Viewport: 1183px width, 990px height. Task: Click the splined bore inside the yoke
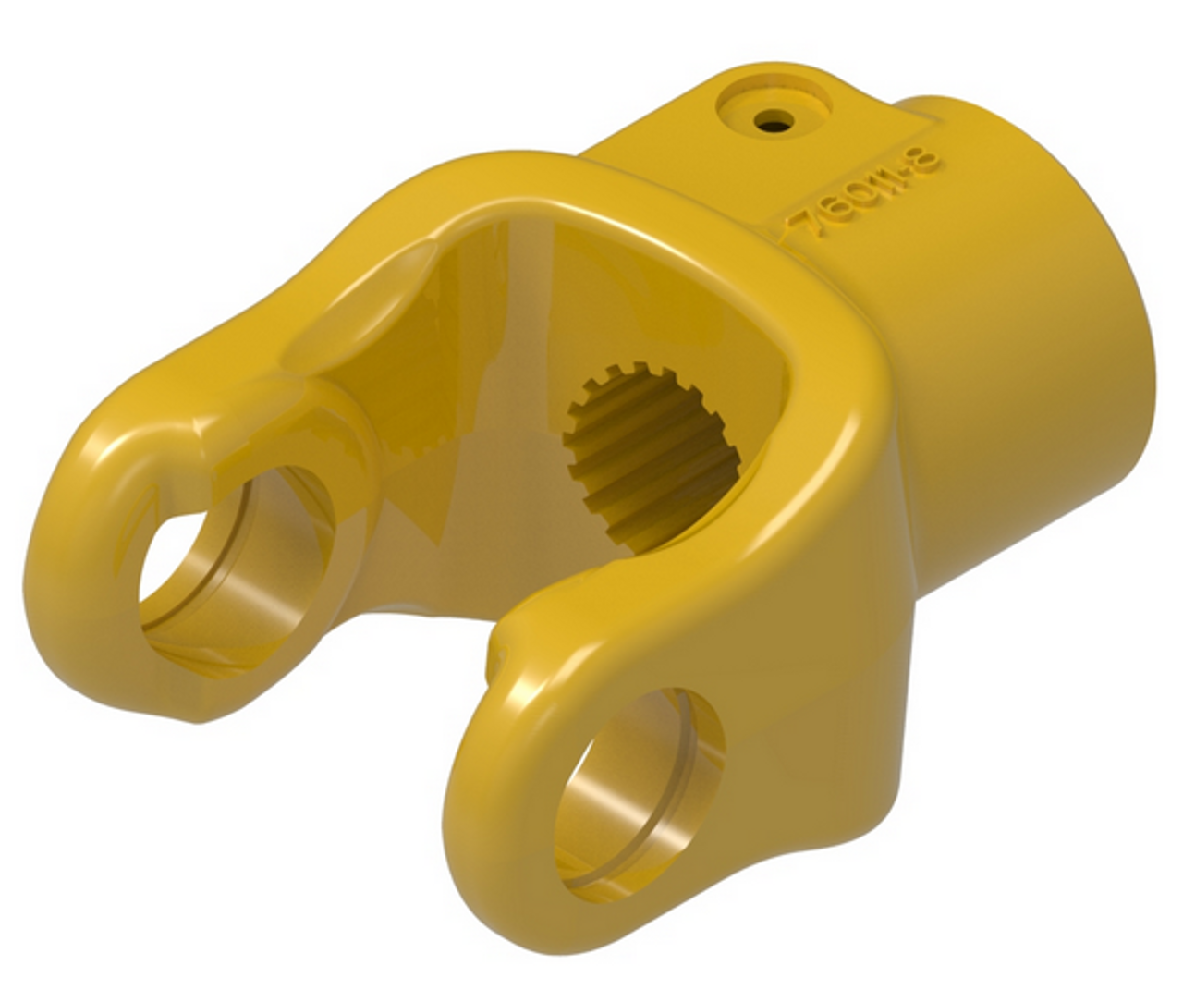(647, 462)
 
